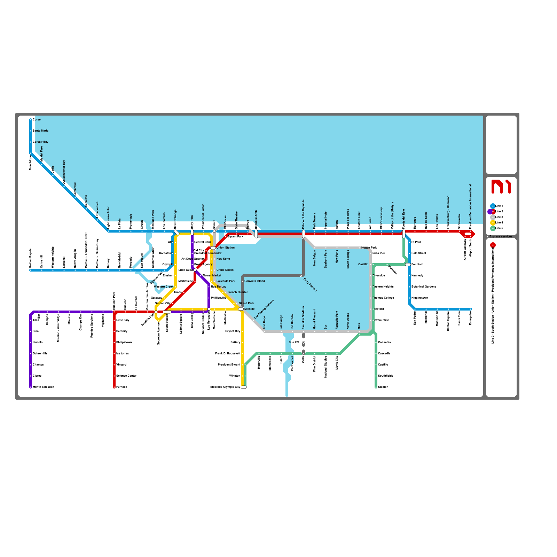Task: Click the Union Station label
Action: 225,248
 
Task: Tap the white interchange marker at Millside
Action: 241,309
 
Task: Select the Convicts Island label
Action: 254,281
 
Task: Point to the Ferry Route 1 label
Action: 310,284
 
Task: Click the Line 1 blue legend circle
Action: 493,206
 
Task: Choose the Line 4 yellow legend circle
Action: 493,222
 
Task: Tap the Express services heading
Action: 501,236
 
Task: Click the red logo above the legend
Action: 501,186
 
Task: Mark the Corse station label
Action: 37,119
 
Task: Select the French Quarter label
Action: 237,292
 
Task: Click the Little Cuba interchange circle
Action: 195,270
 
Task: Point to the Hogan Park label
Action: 369,248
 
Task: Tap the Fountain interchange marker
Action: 408,265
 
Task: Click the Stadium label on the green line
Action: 383,387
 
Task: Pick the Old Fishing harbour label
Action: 264,309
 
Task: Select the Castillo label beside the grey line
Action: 363,264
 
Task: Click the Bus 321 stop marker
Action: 304,343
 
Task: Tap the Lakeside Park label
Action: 226,281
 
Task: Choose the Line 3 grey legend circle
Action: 493,217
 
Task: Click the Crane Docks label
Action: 225,270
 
